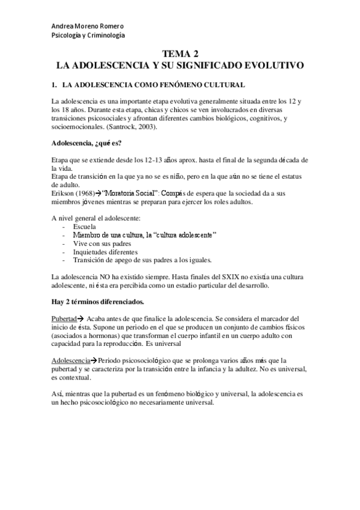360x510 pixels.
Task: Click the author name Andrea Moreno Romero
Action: tap(87, 26)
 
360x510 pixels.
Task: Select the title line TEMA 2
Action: tap(180, 54)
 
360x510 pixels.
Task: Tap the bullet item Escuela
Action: tap(86, 226)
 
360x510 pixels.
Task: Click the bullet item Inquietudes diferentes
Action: tap(105, 252)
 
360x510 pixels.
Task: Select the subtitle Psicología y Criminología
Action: tap(88, 36)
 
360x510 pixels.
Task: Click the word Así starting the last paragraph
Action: tap(58, 393)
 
